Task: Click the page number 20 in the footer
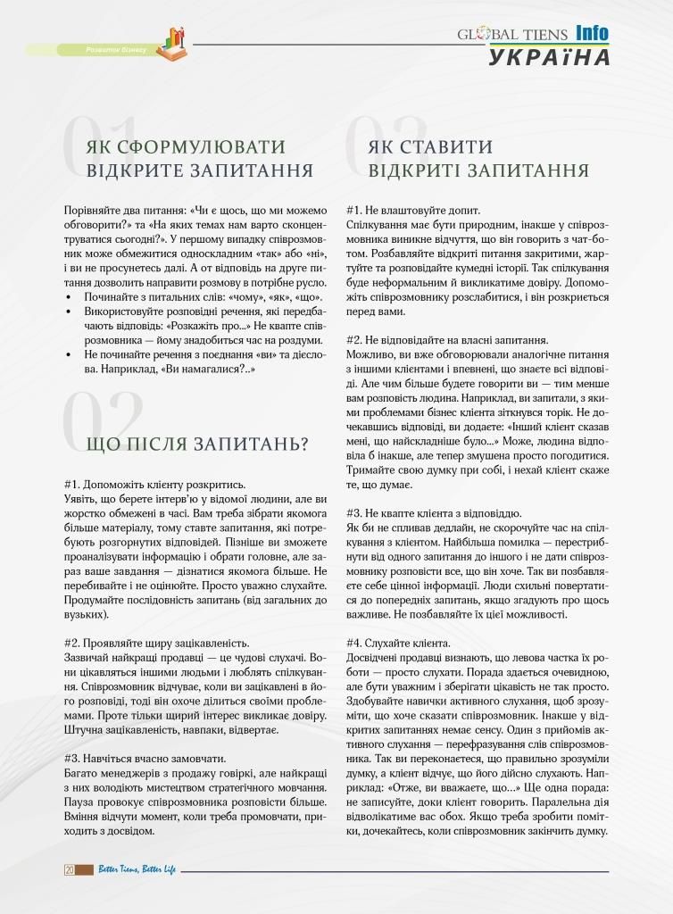[x=69, y=869]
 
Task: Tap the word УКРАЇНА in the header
[x=548, y=57]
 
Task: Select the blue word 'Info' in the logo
[x=592, y=33]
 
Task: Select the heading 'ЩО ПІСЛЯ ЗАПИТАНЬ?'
[x=197, y=444]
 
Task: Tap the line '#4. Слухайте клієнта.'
[x=398, y=644]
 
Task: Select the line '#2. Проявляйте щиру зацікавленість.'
[x=157, y=643]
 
